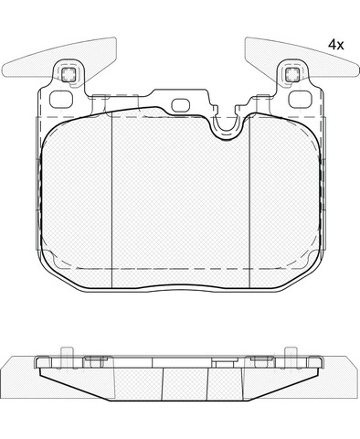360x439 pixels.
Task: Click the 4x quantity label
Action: click(335, 45)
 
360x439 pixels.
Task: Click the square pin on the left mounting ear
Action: click(69, 74)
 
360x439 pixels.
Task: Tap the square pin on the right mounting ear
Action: click(292, 74)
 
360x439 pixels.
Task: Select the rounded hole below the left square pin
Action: click(61, 100)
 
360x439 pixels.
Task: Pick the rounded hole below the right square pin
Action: click(300, 100)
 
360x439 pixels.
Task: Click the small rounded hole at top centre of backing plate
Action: click(181, 105)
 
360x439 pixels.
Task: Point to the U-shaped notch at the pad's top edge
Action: click(227, 127)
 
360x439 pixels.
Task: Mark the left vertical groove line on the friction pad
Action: click(112, 199)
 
